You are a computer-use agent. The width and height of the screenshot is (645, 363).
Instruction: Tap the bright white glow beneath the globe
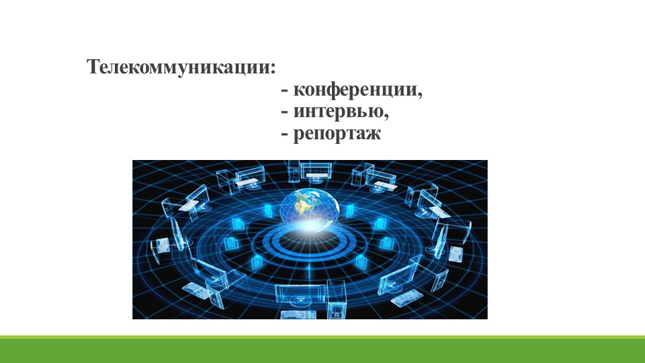point(309,232)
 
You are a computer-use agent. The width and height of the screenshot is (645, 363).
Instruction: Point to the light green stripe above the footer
point(322,337)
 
